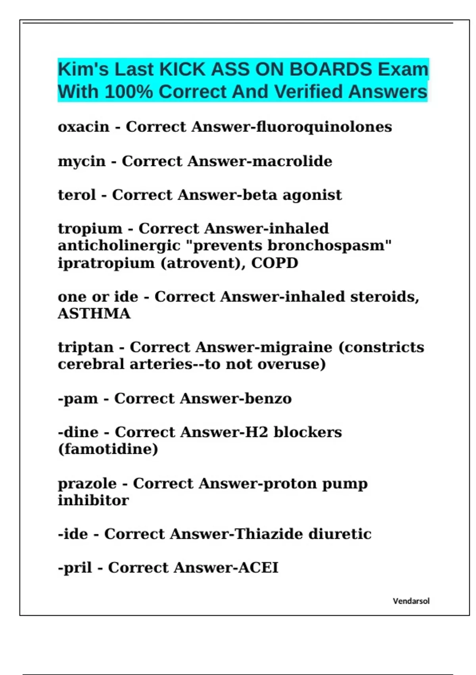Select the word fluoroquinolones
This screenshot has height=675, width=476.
click(324, 127)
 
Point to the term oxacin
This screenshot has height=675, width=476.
click(83, 127)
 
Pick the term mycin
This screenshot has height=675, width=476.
click(82, 161)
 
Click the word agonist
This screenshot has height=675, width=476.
click(312, 195)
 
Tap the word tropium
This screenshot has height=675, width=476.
click(90, 229)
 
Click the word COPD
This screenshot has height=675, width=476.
click(274, 263)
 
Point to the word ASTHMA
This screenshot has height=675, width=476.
click(94, 314)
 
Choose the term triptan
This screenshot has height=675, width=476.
click(86, 347)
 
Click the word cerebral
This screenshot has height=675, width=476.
click(91, 364)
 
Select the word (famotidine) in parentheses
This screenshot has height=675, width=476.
click(108, 449)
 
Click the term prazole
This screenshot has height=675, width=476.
click(87, 484)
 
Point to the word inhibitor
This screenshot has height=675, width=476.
click(93, 500)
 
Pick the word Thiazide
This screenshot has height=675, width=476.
click(269, 534)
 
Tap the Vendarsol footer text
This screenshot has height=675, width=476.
click(411, 601)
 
